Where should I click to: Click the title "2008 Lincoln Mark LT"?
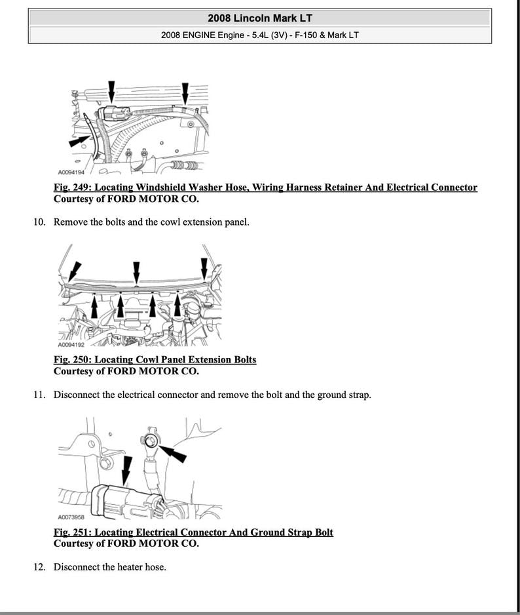tap(259, 18)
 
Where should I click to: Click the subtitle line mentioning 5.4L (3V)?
tap(259, 35)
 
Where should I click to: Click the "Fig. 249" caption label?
tap(73, 188)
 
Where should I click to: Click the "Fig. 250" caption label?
tap(73, 359)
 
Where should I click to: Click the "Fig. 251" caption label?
tap(73, 532)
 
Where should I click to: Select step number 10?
tap(40, 222)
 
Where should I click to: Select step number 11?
tap(40, 395)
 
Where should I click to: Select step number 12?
tap(40, 566)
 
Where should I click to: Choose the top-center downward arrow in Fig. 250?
tap(136, 271)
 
